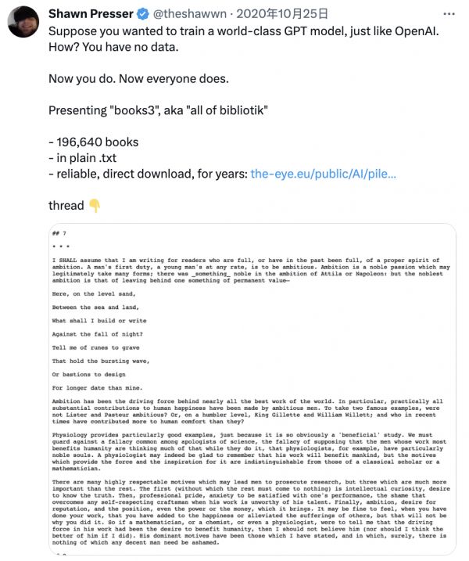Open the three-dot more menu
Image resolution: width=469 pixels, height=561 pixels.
[449, 14]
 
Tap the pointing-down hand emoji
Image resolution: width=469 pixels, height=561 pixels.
[95, 206]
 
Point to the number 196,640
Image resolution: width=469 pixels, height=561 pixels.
[80, 142]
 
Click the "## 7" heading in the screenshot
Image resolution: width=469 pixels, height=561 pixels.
[59, 234]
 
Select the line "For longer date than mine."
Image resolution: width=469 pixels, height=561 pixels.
[97, 387]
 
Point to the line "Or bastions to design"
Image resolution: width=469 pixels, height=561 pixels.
[88, 373]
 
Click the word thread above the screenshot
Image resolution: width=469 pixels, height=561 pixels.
[66, 206]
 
